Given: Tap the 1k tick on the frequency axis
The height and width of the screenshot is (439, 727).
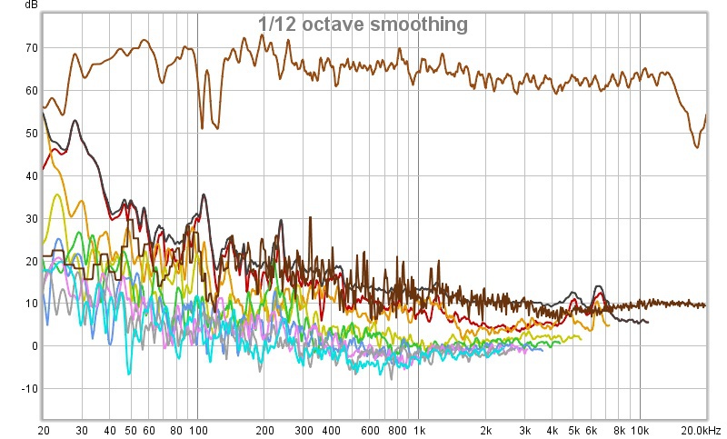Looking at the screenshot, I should click(419, 428).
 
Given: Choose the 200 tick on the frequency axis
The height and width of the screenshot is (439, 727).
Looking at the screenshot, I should click(264, 428).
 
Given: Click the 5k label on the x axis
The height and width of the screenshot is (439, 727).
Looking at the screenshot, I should click(573, 428).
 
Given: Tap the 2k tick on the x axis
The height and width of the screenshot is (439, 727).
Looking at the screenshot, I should click(485, 428).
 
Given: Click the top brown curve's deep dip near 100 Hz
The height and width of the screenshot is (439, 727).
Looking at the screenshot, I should click(201, 127).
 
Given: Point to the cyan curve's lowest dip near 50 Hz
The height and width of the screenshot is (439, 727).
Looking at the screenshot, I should click(128, 373).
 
